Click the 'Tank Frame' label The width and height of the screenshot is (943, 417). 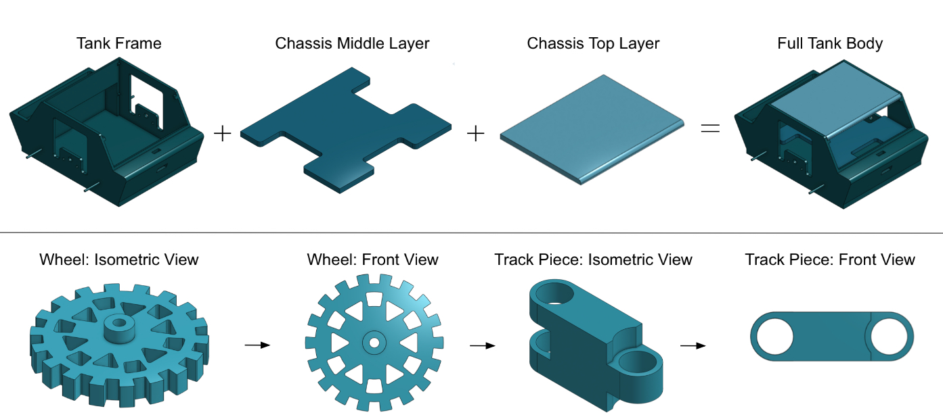click(118, 44)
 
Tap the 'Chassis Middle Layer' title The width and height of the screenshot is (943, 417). click(352, 44)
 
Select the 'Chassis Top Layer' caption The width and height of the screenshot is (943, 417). click(593, 44)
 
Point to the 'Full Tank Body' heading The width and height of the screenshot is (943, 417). click(830, 44)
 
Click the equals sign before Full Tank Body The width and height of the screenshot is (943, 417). click(710, 127)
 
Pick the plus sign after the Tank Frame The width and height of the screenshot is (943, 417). click(222, 133)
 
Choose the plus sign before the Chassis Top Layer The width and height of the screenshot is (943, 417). click(476, 134)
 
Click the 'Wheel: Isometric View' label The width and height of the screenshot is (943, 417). click(119, 260)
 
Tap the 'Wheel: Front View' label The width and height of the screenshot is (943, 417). click(372, 260)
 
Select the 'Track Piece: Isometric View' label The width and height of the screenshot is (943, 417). click(593, 260)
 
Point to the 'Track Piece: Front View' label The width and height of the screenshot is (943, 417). click(830, 260)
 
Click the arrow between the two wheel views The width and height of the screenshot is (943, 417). click(257, 345)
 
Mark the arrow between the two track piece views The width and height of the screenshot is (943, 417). click(693, 345)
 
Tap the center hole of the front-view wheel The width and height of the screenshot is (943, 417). click(373, 342)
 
